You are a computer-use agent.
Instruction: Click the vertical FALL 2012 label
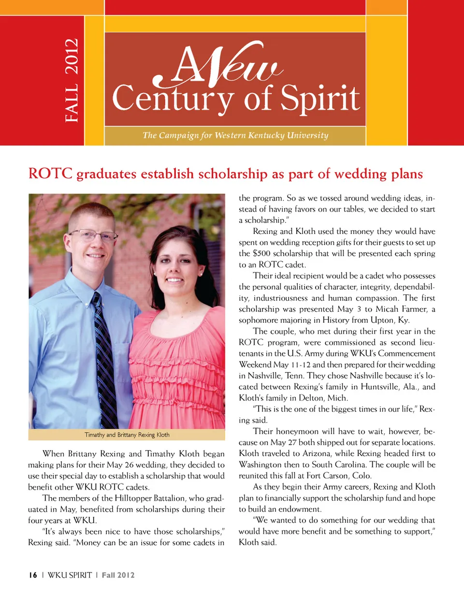click(x=72, y=80)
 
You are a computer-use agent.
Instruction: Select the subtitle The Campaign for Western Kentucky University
click(x=235, y=135)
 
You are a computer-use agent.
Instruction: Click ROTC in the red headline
click(x=50, y=174)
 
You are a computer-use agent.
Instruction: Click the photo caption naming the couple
click(x=127, y=435)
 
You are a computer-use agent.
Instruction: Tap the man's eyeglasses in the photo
click(x=93, y=236)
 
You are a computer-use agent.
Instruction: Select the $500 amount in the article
click(x=261, y=253)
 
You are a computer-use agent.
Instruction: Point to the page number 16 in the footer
click(x=33, y=575)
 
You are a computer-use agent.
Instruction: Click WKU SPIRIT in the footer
click(x=70, y=575)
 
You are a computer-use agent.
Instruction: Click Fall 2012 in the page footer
click(x=118, y=575)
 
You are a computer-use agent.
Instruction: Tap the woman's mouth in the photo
click(x=175, y=280)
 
